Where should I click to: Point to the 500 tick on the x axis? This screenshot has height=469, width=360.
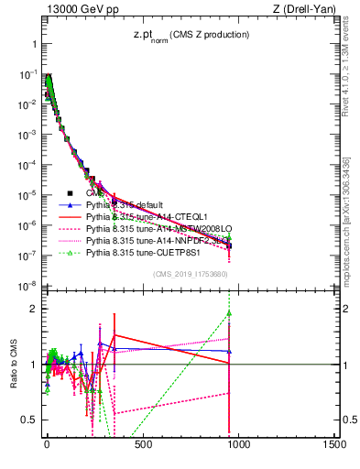coord(142,445)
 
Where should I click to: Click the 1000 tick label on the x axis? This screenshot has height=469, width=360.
coord(238,445)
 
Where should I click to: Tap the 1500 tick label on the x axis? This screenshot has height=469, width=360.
coord(334,445)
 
